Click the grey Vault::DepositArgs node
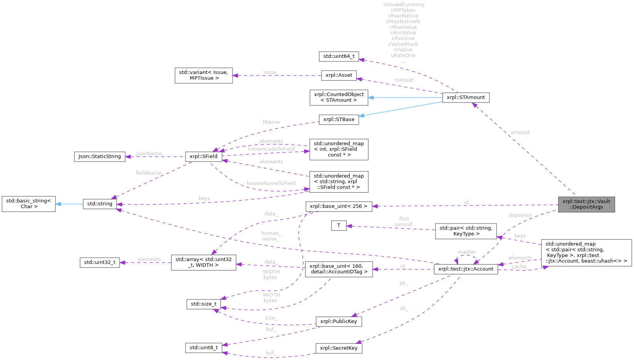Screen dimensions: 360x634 [x=586, y=204]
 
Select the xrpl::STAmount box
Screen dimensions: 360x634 [x=466, y=98]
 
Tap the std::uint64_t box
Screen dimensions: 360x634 [x=339, y=56]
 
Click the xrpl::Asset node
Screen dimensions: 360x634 [x=339, y=75]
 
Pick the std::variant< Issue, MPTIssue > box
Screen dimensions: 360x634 [x=204, y=75]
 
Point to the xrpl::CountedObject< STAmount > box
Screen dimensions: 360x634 [x=339, y=98]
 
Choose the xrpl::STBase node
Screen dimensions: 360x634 [x=339, y=119]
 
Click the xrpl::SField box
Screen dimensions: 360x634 [x=204, y=156]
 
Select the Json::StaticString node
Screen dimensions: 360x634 [x=100, y=156]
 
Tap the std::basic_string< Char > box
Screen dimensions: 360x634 [x=29, y=204]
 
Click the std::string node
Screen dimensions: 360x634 [x=100, y=204]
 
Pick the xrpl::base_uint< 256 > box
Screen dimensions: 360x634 [x=339, y=206]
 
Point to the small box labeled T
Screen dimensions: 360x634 [x=339, y=225]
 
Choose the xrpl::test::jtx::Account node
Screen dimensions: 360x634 [x=466, y=269]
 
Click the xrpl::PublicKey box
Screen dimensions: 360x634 [x=339, y=321]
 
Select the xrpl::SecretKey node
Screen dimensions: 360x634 [x=339, y=348]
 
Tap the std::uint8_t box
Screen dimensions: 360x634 [x=204, y=348]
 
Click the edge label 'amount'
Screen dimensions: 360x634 [x=520, y=133]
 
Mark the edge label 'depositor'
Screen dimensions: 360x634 [x=520, y=215]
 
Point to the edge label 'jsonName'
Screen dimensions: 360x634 [x=149, y=153]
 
